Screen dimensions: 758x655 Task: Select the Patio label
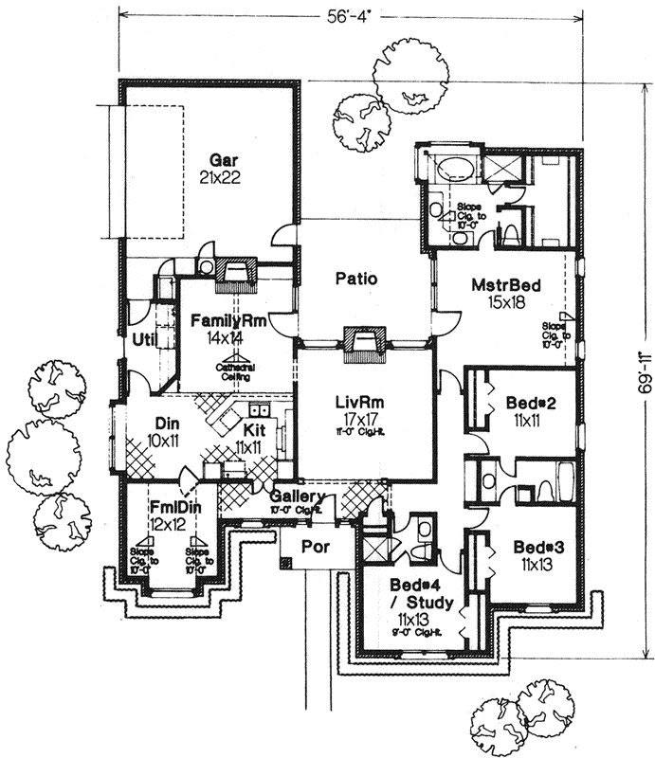click(x=356, y=279)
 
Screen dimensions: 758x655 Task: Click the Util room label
click(x=144, y=338)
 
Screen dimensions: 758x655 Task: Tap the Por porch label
click(x=314, y=547)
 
